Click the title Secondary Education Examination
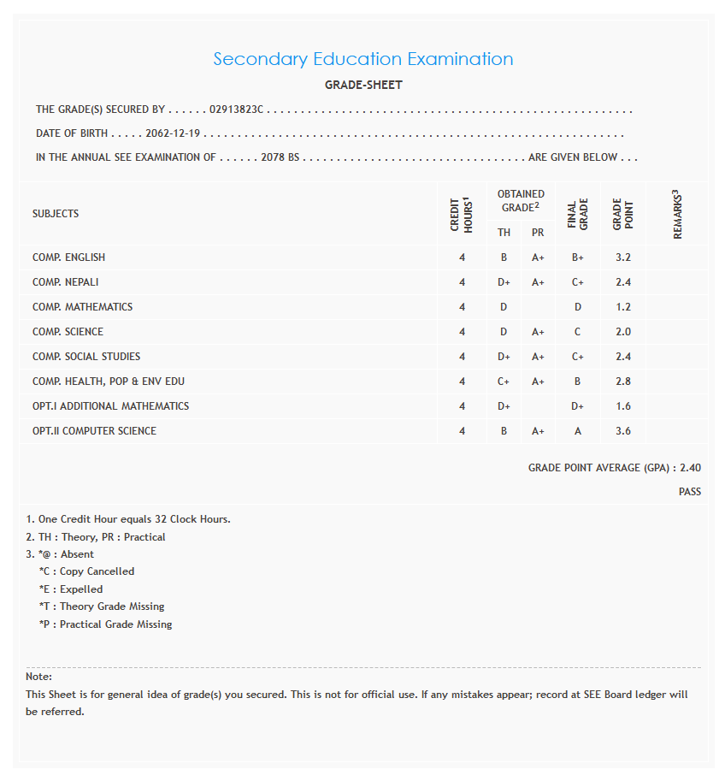pos(362,59)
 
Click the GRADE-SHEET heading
pos(363,85)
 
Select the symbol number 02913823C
pos(237,109)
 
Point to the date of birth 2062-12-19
pos(173,133)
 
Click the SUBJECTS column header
pos(56,214)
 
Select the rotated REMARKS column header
pos(677,214)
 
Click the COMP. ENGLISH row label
pos(69,257)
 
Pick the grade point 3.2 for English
pos(622,257)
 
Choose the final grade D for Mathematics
pos(578,307)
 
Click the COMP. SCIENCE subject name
pos(68,332)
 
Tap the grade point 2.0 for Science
pos(622,332)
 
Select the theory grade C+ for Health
pos(504,382)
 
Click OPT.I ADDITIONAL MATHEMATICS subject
pos(110,406)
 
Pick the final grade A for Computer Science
pos(578,431)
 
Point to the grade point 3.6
pos(622,431)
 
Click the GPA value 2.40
pos(690,468)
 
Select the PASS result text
pos(689,492)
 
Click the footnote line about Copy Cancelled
pos(86,571)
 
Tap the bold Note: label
pos(39,677)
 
